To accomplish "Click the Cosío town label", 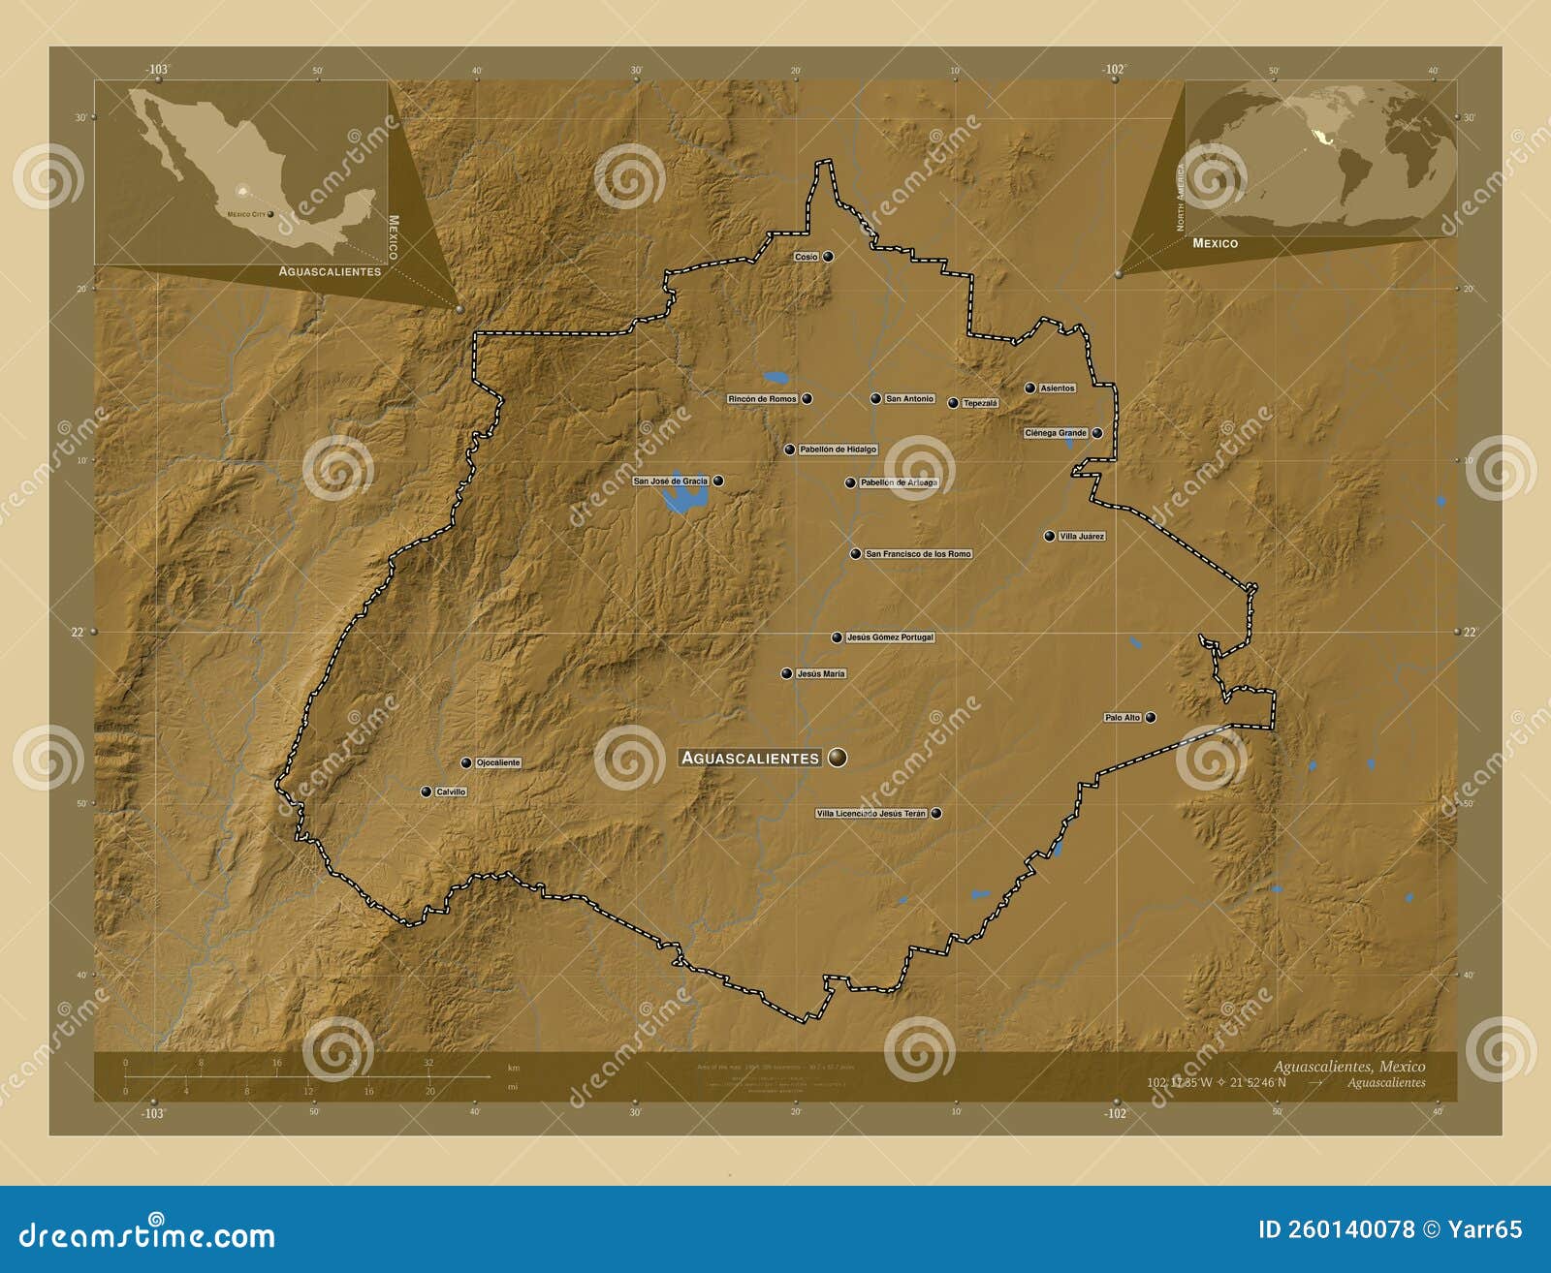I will pyautogui.click(x=807, y=257).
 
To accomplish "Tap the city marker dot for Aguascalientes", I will pyautogui.click(x=838, y=758).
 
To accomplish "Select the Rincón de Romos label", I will pyautogui.click(x=763, y=399).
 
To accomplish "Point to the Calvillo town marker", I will pyautogui.click(x=426, y=792).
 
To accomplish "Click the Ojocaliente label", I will pyautogui.click(x=498, y=762).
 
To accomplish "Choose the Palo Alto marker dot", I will pyautogui.click(x=1151, y=718).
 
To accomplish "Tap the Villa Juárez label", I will pyautogui.click(x=1082, y=537).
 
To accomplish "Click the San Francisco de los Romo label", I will pyautogui.click(x=918, y=554).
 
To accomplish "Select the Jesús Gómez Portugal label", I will pyautogui.click(x=890, y=637).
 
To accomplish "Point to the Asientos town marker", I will pyautogui.click(x=1030, y=388).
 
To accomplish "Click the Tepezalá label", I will pyautogui.click(x=980, y=403).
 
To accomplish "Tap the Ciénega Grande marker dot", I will pyautogui.click(x=1097, y=433).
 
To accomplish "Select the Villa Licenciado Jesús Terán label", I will pyautogui.click(x=871, y=814).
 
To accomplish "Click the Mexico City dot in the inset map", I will pyautogui.click(x=270, y=214).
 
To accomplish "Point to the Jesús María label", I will pyautogui.click(x=821, y=673).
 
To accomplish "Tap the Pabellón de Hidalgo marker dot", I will pyautogui.click(x=790, y=450).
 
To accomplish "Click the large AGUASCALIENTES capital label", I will pyautogui.click(x=750, y=758).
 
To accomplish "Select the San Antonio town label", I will pyautogui.click(x=909, y=399).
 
